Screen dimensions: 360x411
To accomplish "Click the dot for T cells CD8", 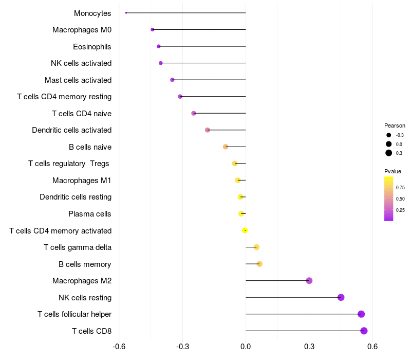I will (x=364, y=331).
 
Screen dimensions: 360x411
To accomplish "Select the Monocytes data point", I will (x=126, y=13).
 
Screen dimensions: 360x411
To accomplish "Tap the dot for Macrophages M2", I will (x=309, y=280).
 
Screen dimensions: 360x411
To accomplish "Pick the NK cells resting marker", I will (x=341, y=297).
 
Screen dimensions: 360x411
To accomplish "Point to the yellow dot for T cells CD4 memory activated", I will (x=245, y=230).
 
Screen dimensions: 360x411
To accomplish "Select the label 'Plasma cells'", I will (x=90, y=214).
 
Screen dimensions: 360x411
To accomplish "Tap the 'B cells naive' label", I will (x=90, y=147).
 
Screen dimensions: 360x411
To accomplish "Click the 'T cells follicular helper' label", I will (x=74, y=314).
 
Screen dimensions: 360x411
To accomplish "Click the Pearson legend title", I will (x=395, y=125).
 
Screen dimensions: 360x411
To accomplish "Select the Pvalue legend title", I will (x=393, y=171).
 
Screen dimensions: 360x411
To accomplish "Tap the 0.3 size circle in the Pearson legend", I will (x=389, y=153).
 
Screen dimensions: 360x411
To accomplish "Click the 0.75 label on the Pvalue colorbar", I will (x=400, y=188).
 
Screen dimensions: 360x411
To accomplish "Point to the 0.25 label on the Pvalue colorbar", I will (x=400, y=210).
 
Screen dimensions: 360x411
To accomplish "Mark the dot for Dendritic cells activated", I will (x=208, y=130).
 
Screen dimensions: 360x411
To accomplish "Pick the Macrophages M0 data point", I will (x=153, y=30).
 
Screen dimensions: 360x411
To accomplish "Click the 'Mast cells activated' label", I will (x=78, y=80).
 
